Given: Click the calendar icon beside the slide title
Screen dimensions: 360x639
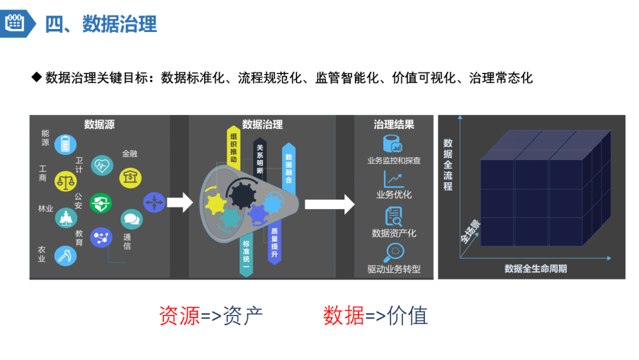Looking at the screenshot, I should click(x=14, y=23).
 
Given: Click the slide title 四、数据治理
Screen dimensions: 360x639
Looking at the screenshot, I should click(x=101, y=24).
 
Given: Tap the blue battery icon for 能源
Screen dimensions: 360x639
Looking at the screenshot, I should click(x=65, y=144).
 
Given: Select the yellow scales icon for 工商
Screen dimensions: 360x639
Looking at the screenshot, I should click(x=66, y=181).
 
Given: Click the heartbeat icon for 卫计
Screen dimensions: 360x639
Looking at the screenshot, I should click(x=102, y=165).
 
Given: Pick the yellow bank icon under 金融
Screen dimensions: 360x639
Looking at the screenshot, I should click(x=130, y=176).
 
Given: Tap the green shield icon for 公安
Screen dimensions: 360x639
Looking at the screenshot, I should click(x=101, y=204).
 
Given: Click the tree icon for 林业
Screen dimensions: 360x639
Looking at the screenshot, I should click(x=66, y=217).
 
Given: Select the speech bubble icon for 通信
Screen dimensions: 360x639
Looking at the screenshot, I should click(x=131, y=220).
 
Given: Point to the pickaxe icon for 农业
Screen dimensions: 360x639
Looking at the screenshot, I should click(x=65, y=255).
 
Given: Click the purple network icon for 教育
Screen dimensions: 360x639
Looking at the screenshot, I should click(x=101, y=237).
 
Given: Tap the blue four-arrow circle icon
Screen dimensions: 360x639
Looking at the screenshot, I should click(x=153, y=203).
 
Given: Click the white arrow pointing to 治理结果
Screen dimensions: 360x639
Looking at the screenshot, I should click(x=329, y=204).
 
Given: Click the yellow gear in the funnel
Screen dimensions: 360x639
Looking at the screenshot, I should click(x=215, y=204).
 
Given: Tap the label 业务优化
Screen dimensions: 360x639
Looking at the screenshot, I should click(x=393, y=195).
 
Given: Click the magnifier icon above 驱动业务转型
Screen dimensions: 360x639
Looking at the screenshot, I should click(x=393, y=252).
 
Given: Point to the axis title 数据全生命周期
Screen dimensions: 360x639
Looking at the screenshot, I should click(x=535, y=269).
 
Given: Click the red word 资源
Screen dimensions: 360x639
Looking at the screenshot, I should click(x=179, y=316).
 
